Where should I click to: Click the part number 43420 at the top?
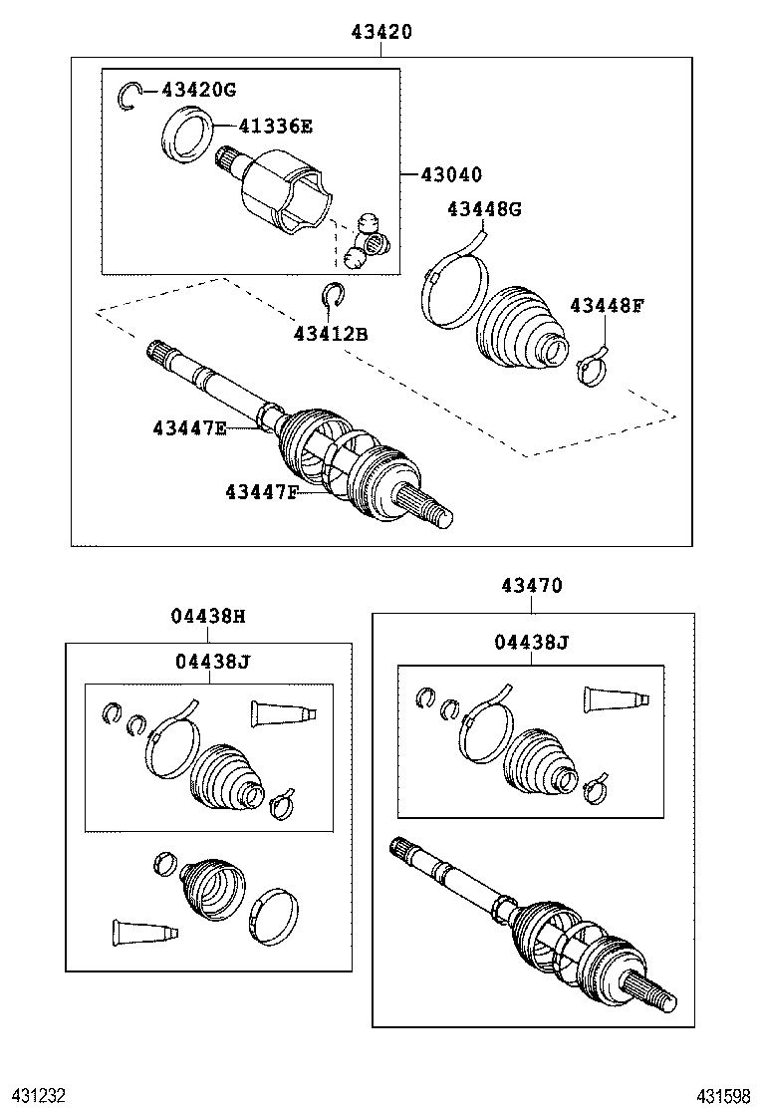(380, 32)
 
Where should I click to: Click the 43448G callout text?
(484, 208)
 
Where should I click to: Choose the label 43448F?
(607, 305)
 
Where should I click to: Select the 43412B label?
(331, 334)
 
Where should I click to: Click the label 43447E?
(190, 428)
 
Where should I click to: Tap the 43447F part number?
(261, 491)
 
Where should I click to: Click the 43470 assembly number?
(532, 587)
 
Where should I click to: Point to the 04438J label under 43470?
(531, 643)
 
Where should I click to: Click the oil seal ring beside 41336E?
(186, 137)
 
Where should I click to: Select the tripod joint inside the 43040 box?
(366, 240)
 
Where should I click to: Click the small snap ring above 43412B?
(333, 295)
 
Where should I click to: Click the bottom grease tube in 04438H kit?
(144, 931)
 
